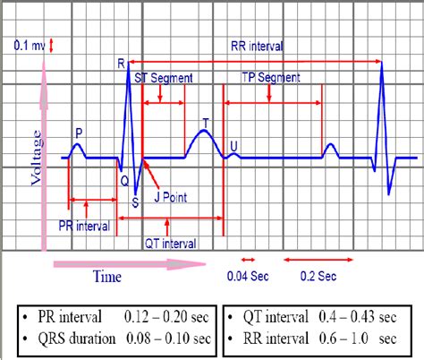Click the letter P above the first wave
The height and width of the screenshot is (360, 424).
click(x=79, y=133)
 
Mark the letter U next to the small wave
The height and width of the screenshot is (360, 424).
click(x=234, y=145)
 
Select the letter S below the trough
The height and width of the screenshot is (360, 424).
click(x=134, y=201)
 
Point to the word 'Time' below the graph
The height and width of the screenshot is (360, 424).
click(x=107, y=277)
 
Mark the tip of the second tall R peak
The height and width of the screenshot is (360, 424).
click(x=383, y=63)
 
